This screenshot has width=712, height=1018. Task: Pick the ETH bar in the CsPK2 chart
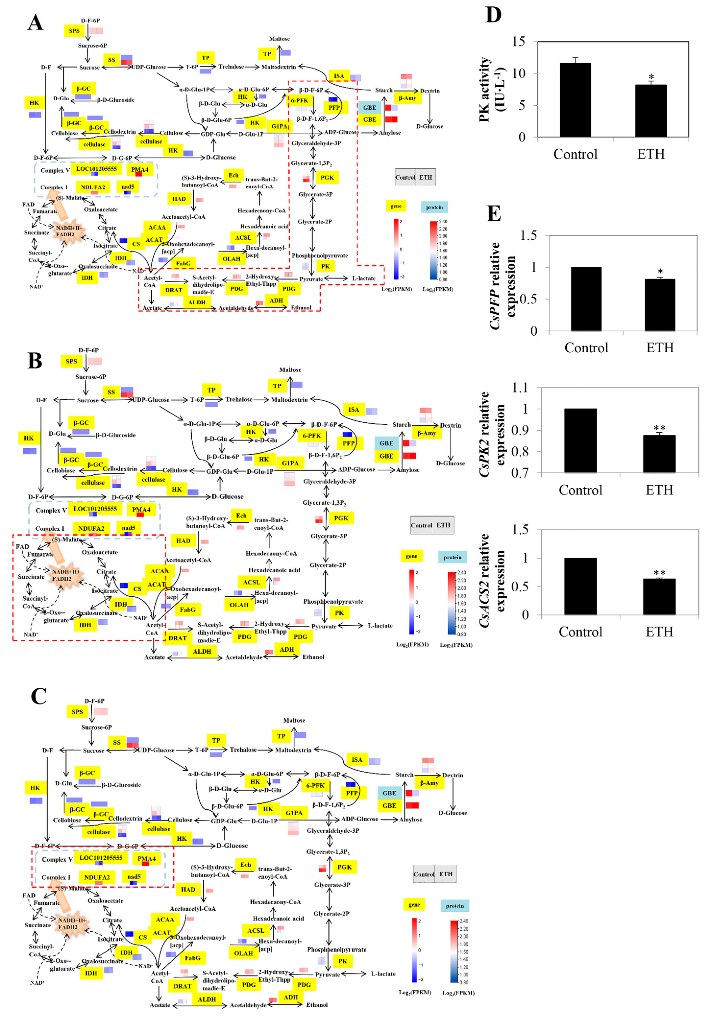659,454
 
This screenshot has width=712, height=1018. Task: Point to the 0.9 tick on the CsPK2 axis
520,430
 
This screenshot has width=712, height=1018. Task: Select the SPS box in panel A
74,31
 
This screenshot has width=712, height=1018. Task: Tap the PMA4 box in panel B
141,510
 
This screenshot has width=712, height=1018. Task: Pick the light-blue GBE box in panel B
386,443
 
